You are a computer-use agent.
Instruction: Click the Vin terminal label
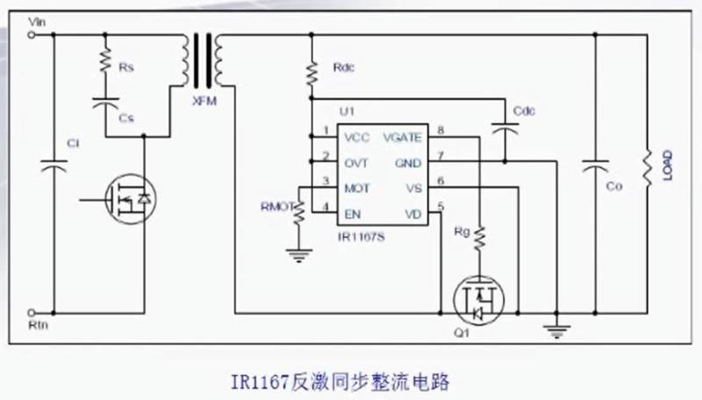pos(38,21)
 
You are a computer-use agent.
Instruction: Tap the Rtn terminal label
pos(38,324)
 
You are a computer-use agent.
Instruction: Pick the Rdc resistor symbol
pos(311,73)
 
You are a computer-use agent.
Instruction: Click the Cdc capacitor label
pos(524,111)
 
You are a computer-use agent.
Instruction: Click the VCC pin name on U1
pos(357,138)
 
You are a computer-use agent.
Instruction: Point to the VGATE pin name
pos(402,138)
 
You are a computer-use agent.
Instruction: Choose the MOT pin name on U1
pos(357,188)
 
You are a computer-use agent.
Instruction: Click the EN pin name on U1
pos(352,213)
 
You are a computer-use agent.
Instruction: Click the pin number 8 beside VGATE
pos(441,131)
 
